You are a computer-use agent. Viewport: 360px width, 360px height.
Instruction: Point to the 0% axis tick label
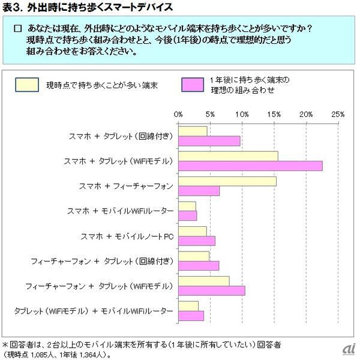[x=178, y=113]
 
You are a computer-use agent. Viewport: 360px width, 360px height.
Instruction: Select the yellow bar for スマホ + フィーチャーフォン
[x=227, y=181]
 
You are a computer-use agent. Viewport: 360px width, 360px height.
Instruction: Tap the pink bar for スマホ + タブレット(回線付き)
[x=209, y=140]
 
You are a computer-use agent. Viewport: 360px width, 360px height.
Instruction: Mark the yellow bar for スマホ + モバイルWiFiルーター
[x=187, y=206]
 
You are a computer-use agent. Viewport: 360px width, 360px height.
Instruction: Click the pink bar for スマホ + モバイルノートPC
[x=196, y=241]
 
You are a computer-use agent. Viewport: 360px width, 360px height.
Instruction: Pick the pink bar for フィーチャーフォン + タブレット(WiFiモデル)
[x=211, y=290]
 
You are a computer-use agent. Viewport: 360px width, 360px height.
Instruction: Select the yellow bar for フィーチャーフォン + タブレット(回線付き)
[x=193, y=256]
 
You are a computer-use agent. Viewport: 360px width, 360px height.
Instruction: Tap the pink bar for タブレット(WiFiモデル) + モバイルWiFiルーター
[x=191, y=316]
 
